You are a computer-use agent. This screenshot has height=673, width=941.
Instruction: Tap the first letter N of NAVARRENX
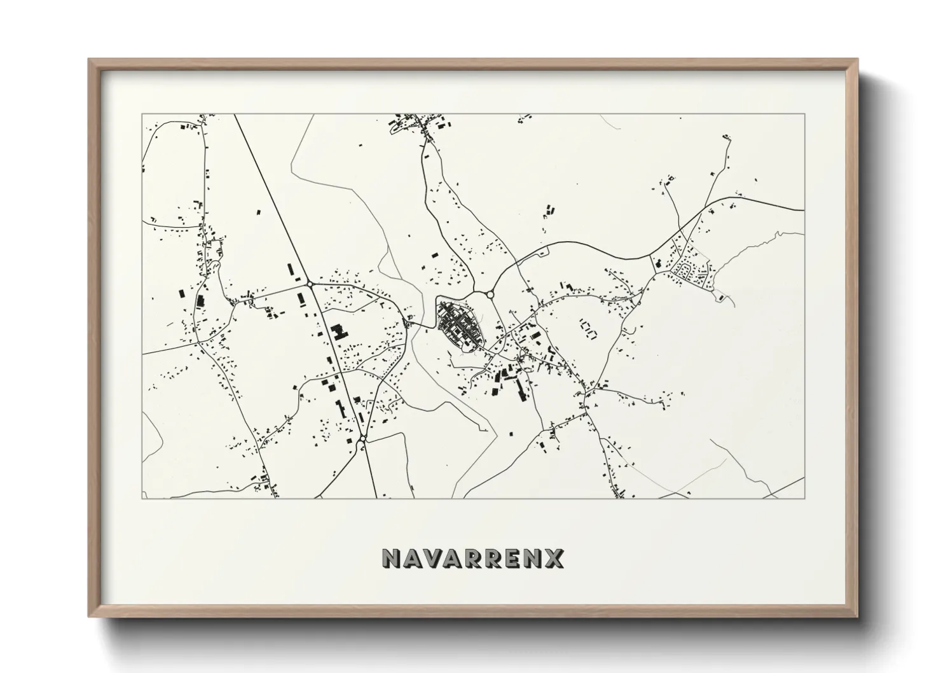(x=390, y=558)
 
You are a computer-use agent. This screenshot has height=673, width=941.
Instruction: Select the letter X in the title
(x=554, y=558)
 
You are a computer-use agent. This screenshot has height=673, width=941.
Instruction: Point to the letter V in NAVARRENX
(x=430, y=558)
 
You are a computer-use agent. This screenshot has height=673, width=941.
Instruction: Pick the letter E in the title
(x=512, y=558)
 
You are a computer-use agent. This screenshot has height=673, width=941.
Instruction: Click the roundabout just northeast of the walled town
(x=490, y=294)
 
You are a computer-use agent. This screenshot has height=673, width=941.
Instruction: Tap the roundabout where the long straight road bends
(x=309, y=283)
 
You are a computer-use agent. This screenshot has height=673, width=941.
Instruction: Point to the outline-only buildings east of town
(x=586, y=328)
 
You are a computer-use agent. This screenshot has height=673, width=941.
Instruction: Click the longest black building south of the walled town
(x=521, y=389)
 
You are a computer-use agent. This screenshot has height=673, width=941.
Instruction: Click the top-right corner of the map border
(x=804, y=114)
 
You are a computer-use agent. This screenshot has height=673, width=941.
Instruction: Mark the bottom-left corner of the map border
(x=142, y=497)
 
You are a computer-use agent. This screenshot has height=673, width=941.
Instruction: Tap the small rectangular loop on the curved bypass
(x=542, y=254)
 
